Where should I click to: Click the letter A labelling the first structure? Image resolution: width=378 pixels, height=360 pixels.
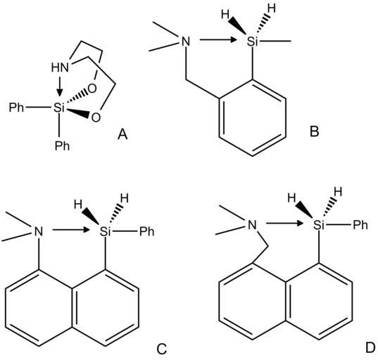122,134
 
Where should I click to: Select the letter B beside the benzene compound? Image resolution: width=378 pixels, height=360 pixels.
315,131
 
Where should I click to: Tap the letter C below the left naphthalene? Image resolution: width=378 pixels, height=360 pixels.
162,349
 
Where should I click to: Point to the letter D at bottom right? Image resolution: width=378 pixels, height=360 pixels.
370,347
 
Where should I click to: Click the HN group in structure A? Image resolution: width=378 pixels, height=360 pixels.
60,67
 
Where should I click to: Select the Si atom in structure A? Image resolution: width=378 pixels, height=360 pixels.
59,107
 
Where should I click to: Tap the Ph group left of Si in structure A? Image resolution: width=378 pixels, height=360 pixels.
16,107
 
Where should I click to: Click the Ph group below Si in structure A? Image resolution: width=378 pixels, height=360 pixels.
62,146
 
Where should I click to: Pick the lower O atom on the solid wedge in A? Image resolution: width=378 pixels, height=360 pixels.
96,117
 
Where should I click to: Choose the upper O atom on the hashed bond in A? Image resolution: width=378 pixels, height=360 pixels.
92,89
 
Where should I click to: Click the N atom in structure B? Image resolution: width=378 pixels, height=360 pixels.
185,41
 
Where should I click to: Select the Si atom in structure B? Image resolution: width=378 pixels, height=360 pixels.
253,41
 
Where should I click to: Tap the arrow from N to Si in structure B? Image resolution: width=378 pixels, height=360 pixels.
218,40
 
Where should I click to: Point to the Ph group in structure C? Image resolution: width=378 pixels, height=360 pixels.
147,231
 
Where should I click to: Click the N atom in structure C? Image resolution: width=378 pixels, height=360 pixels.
39,231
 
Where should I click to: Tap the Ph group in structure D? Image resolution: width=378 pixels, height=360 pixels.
360,225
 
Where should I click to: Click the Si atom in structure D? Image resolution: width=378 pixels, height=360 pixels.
319,225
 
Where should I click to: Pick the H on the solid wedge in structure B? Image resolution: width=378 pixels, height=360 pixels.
225,15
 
